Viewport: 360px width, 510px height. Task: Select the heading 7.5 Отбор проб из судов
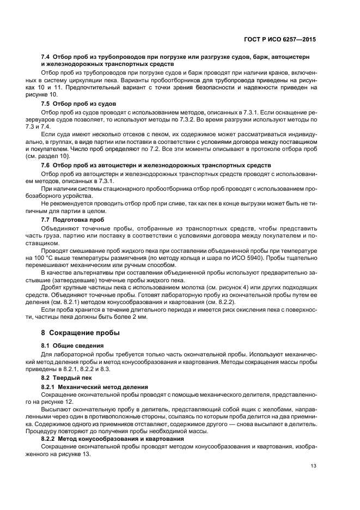tap(78, 104)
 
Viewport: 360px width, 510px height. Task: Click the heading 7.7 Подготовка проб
tap(72, 220)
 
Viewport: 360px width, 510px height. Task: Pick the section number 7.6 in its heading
tap(47, 165)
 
